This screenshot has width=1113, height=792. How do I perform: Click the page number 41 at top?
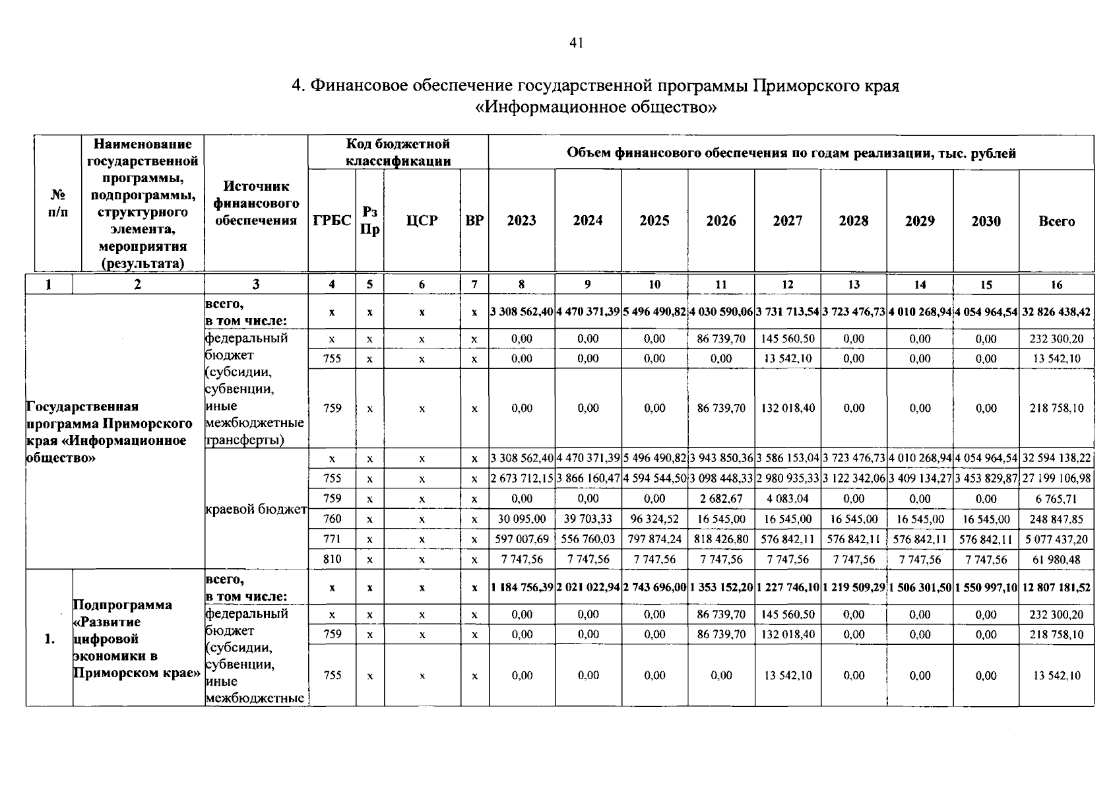[x=576, y=44]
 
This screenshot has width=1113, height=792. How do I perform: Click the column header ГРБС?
[x=332, y=221]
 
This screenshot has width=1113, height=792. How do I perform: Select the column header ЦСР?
[x=422, y=221]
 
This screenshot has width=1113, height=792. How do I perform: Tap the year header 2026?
[x=721, y=221]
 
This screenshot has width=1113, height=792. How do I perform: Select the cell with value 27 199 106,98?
[x=1056, y=478]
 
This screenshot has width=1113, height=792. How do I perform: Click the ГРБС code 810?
[x=332, y=559]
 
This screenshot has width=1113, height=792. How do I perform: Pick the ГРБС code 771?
[x=332, y=539]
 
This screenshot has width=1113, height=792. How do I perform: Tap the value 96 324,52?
[x=654, y=519]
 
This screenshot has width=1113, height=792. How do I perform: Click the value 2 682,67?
[x=721, y=499]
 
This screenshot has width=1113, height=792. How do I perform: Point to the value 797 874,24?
[x=654, y=539]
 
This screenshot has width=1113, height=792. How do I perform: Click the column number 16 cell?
[x=1056, y=284]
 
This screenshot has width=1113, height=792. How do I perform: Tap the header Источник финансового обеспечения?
[x=256, y=203]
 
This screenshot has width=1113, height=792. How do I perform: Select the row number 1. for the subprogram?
[x=49, y=639]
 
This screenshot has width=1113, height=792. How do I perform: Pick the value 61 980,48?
[x=1056, y=560]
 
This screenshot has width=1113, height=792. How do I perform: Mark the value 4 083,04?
[x=788, y=499]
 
